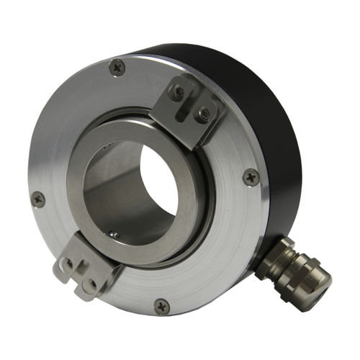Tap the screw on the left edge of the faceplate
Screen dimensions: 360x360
tap(38, 199)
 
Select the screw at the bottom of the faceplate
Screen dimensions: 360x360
tap(162, 305)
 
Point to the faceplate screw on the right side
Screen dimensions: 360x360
tap(251, 176)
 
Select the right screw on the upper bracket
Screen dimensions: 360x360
tap(204, 113)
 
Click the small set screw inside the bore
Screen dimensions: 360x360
tap(112, 234)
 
